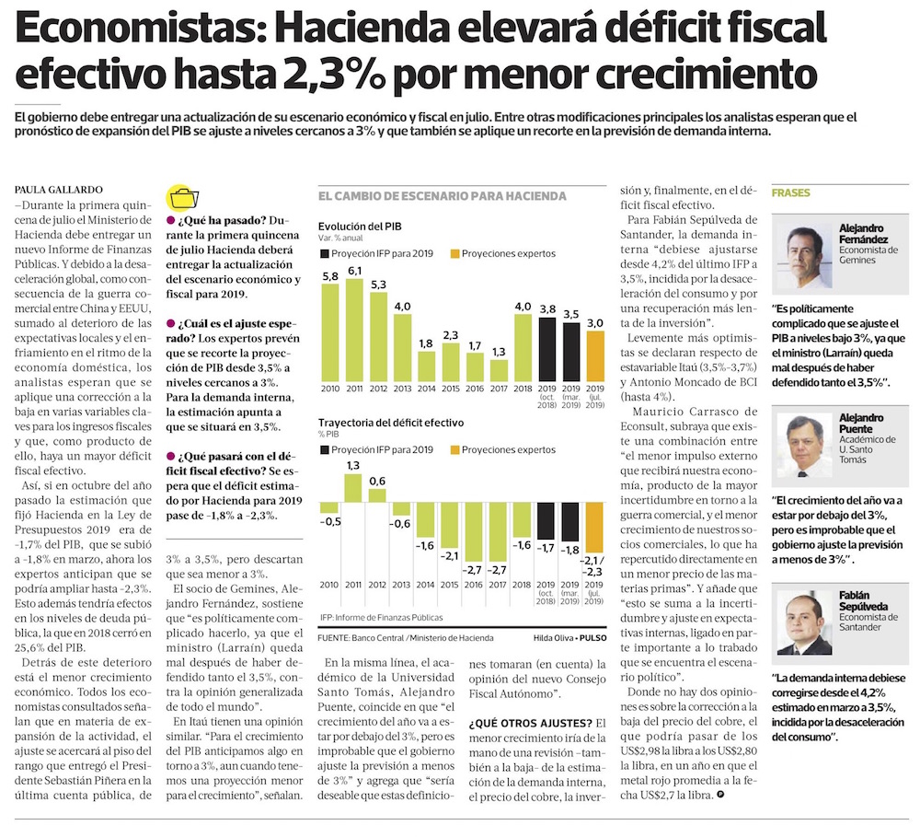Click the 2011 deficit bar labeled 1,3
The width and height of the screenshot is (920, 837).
pos(354,488)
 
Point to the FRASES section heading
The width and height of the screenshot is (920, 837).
pos(790,193)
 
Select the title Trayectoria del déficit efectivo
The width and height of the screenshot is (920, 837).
pos(391,423)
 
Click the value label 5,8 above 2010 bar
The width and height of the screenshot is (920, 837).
pos(330,275)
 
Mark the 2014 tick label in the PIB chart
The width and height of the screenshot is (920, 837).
pos(427,389)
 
